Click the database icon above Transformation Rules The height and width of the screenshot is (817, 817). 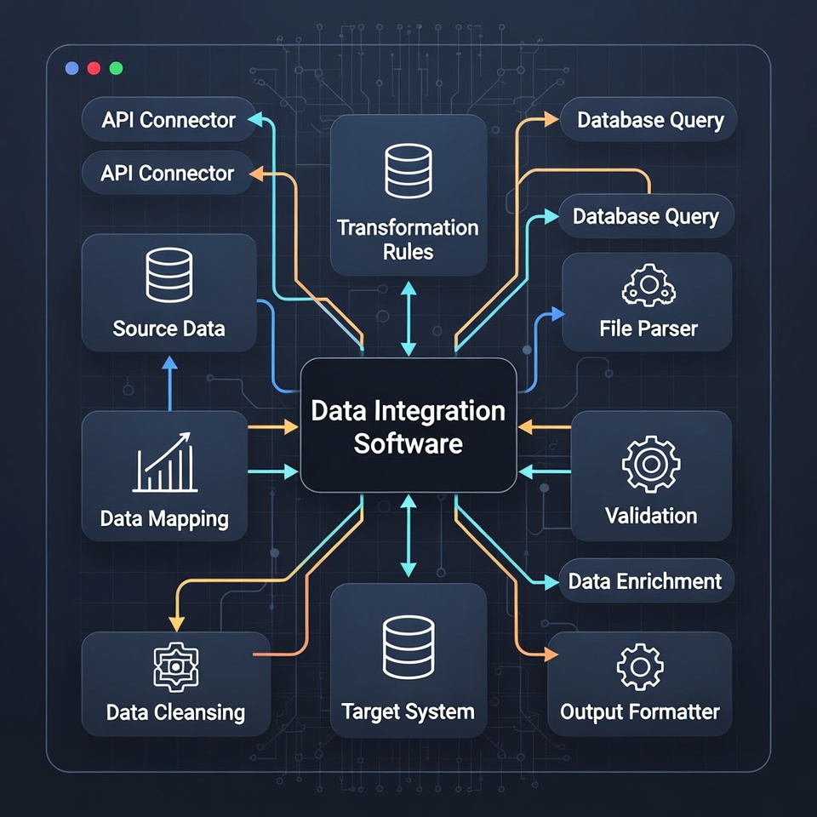[x=408, y=171]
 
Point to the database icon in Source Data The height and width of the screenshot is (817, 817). [x=169, y=274]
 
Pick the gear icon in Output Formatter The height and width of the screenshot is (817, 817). [x=639, y=666]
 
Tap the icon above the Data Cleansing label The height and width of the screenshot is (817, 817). [x=174, y=666]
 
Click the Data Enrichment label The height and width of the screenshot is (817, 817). [x=644, y=581]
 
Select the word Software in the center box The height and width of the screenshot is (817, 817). [x=408, y=443]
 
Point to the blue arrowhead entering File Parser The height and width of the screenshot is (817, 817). [x=557, y=315]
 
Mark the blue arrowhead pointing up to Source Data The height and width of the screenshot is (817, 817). [x=169, y=363]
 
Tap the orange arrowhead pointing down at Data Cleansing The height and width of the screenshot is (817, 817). [x=175, y=624]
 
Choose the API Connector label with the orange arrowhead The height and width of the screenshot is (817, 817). [x=167, y=174]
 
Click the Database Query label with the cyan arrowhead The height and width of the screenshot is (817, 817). [x=645, y=216]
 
